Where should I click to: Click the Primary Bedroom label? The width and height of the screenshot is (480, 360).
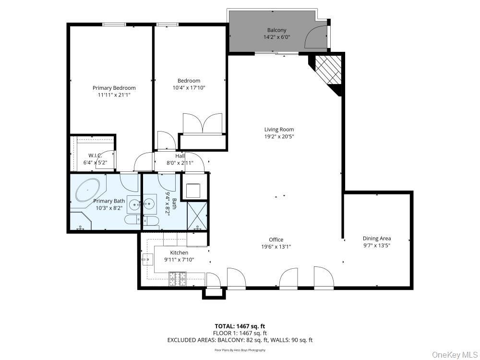click(x=114, y=88)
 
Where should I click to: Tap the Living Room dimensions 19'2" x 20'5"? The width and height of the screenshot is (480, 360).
click(x=279, y=136)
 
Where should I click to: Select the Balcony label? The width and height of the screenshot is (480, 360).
click(x=276, y=30)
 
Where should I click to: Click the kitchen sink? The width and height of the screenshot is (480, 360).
click(x=146, y=260)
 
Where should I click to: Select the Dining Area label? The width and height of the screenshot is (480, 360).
click(x=376, y=238)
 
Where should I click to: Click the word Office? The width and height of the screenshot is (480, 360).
click(x=276, y=240)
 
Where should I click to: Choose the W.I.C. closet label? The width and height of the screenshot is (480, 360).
click(x=95, y=156)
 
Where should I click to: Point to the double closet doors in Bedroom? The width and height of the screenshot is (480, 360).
click(x=203, y=124)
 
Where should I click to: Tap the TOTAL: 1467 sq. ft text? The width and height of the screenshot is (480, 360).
click(x=240, y=326)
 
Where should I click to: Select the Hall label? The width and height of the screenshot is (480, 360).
click(x=180, y=156)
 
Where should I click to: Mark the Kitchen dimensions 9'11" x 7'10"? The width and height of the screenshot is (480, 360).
click(x=179, y=260)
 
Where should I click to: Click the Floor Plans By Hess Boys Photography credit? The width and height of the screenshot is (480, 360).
click(x=240, y=350)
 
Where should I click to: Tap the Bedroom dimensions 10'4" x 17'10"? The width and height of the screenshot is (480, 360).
click(x=189, y=88)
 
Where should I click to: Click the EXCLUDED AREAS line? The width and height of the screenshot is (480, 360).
click(x=240, y=340)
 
